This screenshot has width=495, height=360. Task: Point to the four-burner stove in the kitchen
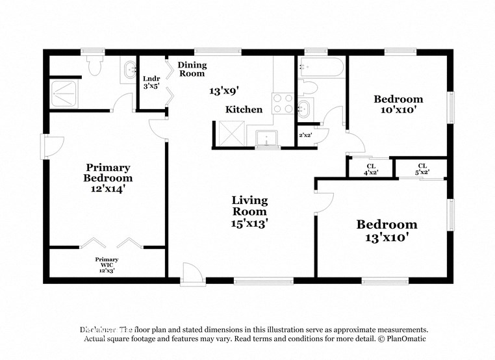(x=284, y=103)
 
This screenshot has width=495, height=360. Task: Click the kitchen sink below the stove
(x=266, y=138)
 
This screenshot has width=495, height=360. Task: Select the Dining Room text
(x=192, y=69)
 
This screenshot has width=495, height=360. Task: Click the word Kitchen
(x=244, y=110)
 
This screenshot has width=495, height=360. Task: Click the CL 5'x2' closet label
(x=422, y=169)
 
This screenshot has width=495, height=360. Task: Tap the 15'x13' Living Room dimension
(x=249, y=223)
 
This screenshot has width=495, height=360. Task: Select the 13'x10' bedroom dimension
(x=386, y=238)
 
